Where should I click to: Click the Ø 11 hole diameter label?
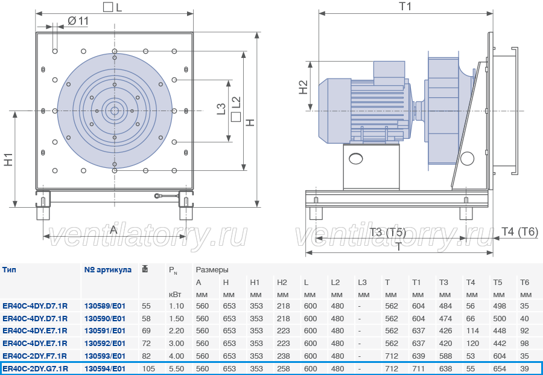[x=78, y=21]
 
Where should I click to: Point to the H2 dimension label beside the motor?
[x=303, y=87]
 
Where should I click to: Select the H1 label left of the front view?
[x=8, y=159]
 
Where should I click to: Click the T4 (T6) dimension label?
[x=520, y=231]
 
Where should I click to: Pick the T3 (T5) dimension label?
[x=387, y=232]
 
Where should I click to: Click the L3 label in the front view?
[x=221, y=109]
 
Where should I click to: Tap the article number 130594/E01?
[x=105, y=368]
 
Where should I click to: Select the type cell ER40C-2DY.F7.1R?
[x=34, y=356]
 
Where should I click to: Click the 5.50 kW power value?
[x=176, y=368]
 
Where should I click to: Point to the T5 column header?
[x=497, y=283]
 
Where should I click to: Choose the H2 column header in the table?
[x=282, y=283]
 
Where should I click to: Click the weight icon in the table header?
[x=145, y=269]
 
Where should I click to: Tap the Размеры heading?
[x=212, y=270]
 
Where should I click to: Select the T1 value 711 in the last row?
[x=418, y=368]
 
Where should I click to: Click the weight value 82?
[x=146, y=356]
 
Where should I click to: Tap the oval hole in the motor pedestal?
[x=356, y=159]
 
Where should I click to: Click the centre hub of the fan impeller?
[x=114, y=111]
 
